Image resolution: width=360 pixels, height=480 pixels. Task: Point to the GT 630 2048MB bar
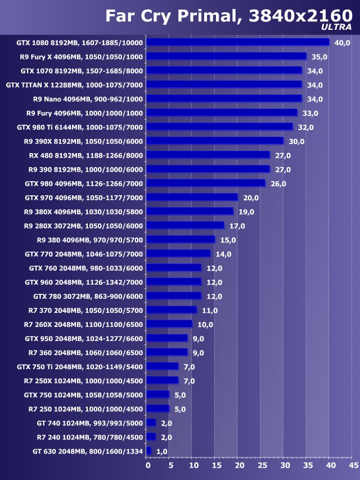click(x=148, y=451)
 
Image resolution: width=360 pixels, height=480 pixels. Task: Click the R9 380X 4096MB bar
click(x=190, y=211)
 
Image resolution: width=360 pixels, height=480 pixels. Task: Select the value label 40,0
click(x=342, y=43)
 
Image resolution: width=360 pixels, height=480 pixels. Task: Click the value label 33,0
click(x=310, y=113)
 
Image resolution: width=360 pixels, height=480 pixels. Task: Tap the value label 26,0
click(x=278, y=183)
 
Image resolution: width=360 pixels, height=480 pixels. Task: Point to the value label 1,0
click(x=162, y=451)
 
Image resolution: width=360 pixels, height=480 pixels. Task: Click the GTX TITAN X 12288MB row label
click(x=74, y=85)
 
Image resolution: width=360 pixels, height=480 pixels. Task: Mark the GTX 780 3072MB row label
click(x=88, y=296)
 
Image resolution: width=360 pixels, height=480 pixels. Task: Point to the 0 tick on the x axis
click(x=148, y=465)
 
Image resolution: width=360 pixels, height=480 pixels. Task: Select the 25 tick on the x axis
click(x=262, y=465)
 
